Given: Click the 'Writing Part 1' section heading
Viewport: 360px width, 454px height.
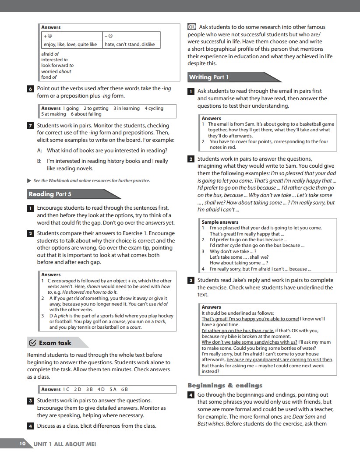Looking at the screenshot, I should click(209, 77).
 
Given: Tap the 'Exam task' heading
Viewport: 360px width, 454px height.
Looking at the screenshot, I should click(55, 343).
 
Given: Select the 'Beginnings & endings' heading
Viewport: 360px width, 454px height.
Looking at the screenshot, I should click(225, 385).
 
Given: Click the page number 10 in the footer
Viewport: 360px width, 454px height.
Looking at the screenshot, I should click(22, 443).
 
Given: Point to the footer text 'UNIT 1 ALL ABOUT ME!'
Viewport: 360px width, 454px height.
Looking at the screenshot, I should click(65, 444).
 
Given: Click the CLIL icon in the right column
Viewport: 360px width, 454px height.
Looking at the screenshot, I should click(191, 27).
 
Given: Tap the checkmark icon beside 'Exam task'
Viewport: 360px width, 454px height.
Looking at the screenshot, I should click(32, 343).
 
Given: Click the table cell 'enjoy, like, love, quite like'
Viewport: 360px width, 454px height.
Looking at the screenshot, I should click(70, 44).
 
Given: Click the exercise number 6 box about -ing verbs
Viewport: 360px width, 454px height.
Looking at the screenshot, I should click(30, 89).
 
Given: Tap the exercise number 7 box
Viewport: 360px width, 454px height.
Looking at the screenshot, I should click(30, 126).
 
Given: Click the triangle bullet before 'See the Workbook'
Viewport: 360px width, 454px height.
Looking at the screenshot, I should click(29, 180).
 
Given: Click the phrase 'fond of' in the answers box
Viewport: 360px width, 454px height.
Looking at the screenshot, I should click(49, 77).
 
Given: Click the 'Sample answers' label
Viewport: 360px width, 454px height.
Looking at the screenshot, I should click(220, 222).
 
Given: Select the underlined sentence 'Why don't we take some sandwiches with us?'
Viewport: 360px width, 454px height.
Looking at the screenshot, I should click(249, 342).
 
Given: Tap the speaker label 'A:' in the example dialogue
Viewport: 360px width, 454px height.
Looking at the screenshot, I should click(39, 151).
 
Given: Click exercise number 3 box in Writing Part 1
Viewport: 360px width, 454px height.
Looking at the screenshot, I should click(191, 280).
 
